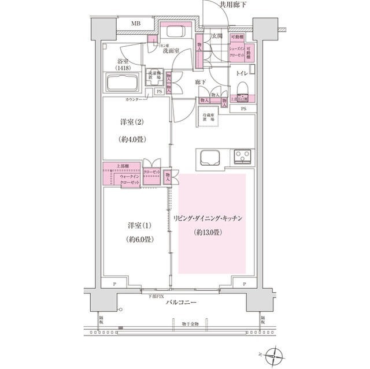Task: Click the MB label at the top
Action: pos(135,24)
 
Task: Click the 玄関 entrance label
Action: pos(217,36)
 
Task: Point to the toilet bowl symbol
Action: pos(242,88)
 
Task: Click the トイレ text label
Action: pos(242,73)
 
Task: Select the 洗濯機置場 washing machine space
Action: pos(153,76)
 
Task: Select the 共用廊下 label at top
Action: pos(232,5)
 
